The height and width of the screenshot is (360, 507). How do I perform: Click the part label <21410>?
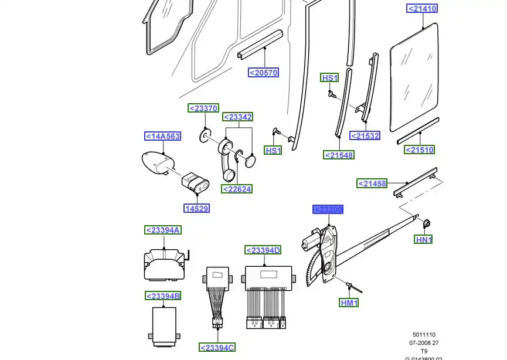point(422,9)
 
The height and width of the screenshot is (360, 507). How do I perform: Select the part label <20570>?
point(263,73)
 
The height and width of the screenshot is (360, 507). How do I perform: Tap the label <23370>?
point(203,108)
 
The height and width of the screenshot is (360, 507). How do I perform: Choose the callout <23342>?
point(238,117)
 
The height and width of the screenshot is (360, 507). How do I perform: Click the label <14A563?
point(162,137)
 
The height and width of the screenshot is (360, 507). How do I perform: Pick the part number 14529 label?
point(196,208)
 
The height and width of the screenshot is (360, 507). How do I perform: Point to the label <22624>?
point(237,189)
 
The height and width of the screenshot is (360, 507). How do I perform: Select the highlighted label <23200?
point(328,210)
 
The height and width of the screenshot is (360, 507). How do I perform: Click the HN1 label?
point(424,240)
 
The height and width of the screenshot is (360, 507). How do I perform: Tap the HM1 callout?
point(349,303)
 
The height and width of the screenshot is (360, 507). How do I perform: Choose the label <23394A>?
point(163,230)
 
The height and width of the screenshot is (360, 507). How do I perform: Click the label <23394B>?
point(163,296)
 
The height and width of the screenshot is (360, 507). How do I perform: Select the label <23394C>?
point(217,348)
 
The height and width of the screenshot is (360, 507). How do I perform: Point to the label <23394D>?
point(263,250)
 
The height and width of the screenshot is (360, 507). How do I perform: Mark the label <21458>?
point(373,184)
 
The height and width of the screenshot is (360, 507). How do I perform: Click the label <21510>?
point(420,150)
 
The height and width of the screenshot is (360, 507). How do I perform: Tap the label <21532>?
point(365,136)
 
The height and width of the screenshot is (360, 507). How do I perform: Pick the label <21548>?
point(339,155)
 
